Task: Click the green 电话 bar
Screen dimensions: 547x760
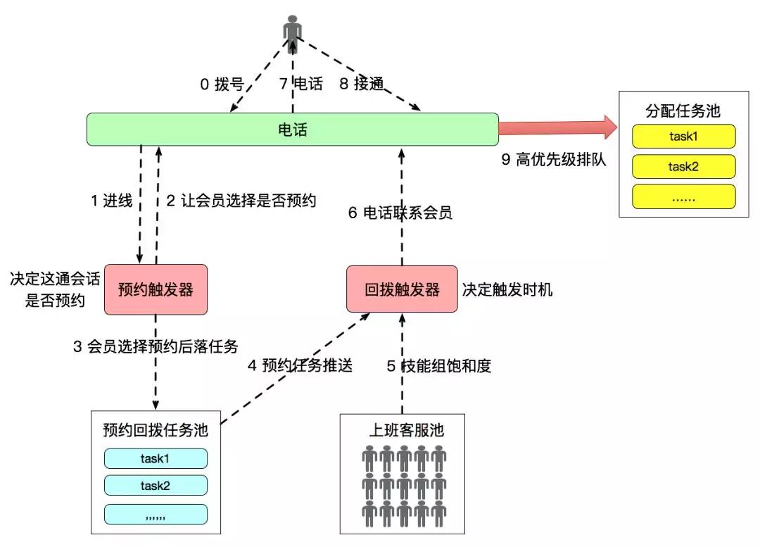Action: point(292,130)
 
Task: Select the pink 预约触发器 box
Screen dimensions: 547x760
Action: point(156,289)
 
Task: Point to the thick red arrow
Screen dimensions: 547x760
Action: point(556,128)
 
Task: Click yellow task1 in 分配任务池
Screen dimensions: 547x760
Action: point(683,136)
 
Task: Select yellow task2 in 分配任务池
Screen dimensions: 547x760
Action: point(683,167)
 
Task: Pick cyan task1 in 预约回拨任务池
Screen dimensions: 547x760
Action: point(156,458)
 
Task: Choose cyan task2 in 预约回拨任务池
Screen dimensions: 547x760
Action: point(156,485)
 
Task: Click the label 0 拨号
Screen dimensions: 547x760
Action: point(222,84)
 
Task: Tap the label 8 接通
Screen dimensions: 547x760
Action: point(362,84)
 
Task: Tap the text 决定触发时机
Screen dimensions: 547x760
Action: point(507,289)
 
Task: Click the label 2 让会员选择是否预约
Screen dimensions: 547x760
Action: point(241,201)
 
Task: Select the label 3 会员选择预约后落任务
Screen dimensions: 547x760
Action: point(156,346)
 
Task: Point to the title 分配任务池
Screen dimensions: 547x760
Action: point(683,111)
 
